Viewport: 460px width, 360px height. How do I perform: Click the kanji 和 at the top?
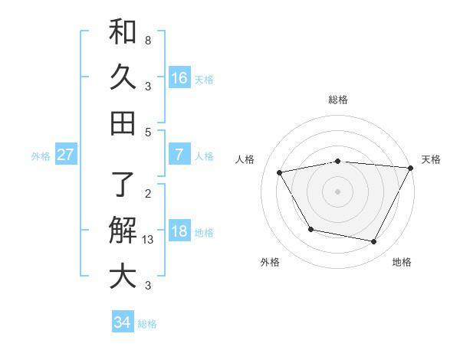coord(123,32)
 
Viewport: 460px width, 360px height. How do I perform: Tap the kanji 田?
coord(123,122)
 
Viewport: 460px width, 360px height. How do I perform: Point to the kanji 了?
coord(123,185)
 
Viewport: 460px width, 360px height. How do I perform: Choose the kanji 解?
coord(123,230)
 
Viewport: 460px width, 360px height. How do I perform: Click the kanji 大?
coord(123,276)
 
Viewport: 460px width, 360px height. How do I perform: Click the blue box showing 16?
coord(179,77)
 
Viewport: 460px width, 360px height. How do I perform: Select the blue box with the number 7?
coord(179,155)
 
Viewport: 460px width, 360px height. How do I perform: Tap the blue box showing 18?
coord(179,231)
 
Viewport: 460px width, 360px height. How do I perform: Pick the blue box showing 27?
coord(65,155)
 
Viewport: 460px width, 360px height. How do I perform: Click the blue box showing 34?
coord(122,322)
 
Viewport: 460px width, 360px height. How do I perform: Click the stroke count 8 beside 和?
coord(147,40)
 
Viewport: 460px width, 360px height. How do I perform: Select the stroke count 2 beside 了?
coord(147,193)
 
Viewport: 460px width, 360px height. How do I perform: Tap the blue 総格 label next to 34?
coord(147,324)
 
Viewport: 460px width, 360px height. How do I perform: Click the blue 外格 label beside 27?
coord(41,156)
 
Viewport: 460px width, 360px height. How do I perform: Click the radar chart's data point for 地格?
coord(374,242)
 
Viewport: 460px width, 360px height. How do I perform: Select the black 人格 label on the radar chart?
coord(245,159)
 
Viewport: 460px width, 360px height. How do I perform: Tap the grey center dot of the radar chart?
coord(337,191)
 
